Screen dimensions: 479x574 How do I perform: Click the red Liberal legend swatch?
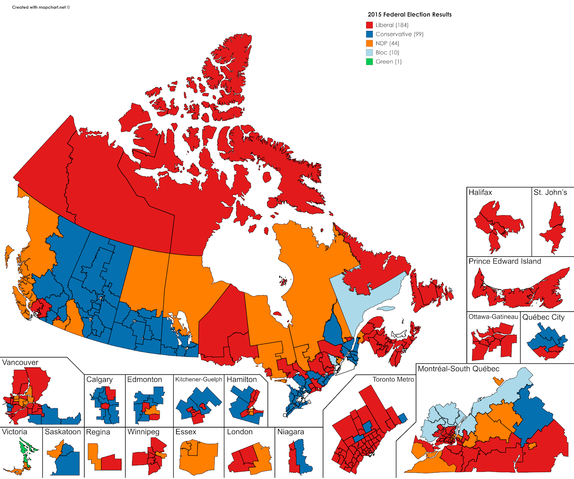(369, 25)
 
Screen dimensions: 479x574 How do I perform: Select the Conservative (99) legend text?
(399, 34)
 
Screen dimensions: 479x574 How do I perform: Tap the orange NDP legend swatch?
(369, 43)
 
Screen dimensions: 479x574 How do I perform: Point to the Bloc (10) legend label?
(387, 52)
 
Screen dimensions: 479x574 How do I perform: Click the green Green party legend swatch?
(369, 62)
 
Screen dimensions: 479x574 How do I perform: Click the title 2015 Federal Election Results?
(409, 14)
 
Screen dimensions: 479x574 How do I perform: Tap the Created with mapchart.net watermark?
(41, 7)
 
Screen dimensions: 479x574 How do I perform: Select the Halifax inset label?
(480, 192)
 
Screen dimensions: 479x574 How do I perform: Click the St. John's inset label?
(550, 192)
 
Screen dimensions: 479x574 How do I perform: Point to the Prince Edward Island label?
(504, 261)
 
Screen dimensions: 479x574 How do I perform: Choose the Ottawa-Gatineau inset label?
(493, 317)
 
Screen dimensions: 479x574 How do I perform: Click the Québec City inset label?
(543, 317)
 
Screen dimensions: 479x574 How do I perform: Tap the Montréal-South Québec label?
(458, 369)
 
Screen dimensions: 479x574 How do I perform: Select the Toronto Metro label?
(393, 380)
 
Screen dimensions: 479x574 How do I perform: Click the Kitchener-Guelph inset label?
(198, 380)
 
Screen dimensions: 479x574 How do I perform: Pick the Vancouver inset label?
(20, 362)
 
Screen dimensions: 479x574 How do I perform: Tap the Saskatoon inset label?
(63, 432)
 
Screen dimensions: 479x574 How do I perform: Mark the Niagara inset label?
(290, 432)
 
